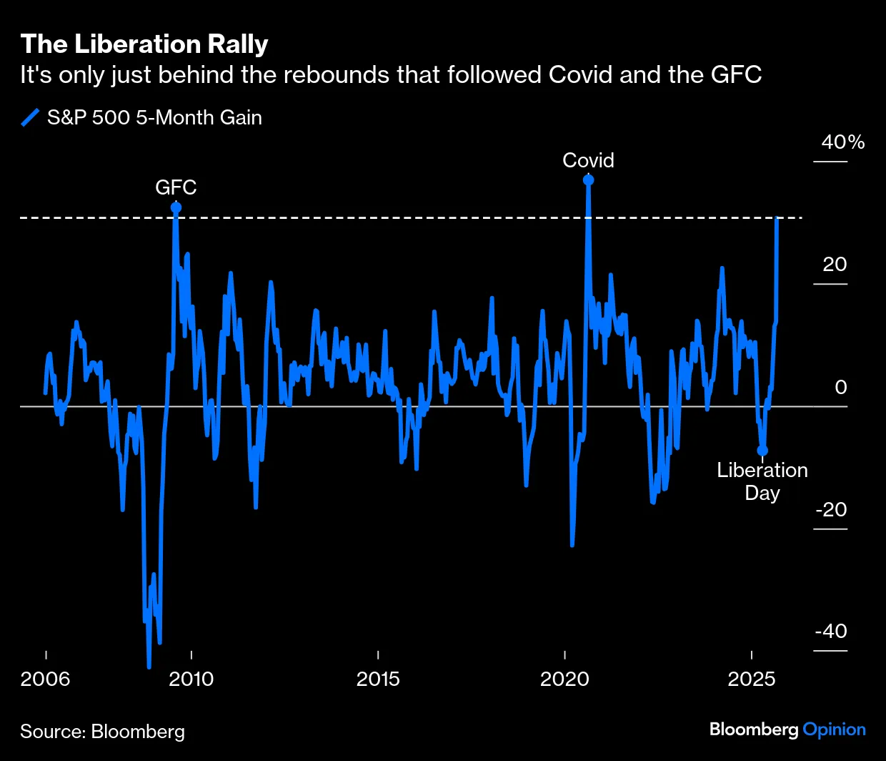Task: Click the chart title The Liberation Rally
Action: click(144, 44)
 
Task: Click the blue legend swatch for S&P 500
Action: click(31, 117)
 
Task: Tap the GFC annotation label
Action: click(176, 187)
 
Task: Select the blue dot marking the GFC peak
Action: click(176, 207)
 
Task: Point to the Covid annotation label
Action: click(588, 160)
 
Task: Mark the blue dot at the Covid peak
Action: click(588, 180)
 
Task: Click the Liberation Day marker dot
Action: click(762, 451)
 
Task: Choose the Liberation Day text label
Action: click(762, 481)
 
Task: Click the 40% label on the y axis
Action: click(842, 142)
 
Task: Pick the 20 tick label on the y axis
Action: click(835, 265)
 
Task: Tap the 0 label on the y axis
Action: click(841, 387)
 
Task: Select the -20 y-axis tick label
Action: click(831, 509)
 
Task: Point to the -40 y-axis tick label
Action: click(831, 632)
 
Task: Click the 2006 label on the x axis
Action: click(46, 679)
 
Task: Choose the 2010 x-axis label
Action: click(191, 679)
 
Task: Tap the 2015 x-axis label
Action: click(378, 679)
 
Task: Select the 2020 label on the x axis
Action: click(564, 679)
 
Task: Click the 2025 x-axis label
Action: click(752, 679)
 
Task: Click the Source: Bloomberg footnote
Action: click(102, 732)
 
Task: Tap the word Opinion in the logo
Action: click(834, 730)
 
